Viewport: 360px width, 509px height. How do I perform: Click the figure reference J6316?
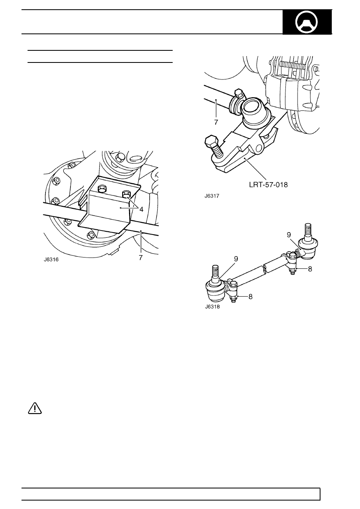[x=51, y=260]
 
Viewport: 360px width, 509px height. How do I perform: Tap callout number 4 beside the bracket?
[x=141, y=209]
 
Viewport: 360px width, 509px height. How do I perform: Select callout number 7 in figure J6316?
[x=141, y=258]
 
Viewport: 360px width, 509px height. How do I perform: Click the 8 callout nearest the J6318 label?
[x=250, y=297]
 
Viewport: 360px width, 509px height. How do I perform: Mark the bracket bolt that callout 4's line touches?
[x=126, y=194]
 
